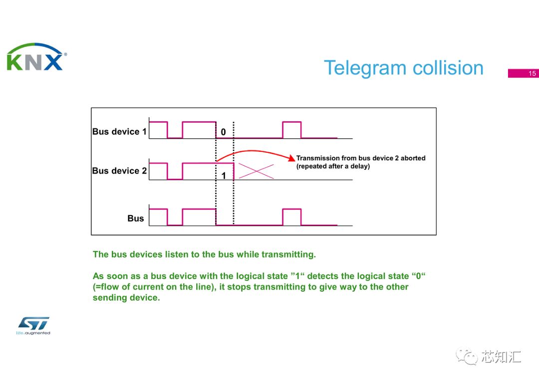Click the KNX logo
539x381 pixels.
36,57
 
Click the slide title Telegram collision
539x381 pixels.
403,68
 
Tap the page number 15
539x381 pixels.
532,73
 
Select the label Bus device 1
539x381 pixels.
119,132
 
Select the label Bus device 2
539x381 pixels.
119,171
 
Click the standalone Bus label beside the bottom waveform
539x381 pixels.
135,218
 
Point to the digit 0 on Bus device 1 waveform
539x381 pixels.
223,132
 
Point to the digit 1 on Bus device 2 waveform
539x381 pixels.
224,176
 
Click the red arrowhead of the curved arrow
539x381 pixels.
292,158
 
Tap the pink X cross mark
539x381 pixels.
256,171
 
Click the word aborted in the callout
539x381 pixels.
413,158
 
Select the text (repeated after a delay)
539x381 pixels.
333,166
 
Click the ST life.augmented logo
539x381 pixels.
33,325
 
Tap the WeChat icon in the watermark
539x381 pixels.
468,357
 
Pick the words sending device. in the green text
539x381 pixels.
126,298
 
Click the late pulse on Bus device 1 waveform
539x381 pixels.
292,130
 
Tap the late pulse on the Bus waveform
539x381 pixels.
292,217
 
